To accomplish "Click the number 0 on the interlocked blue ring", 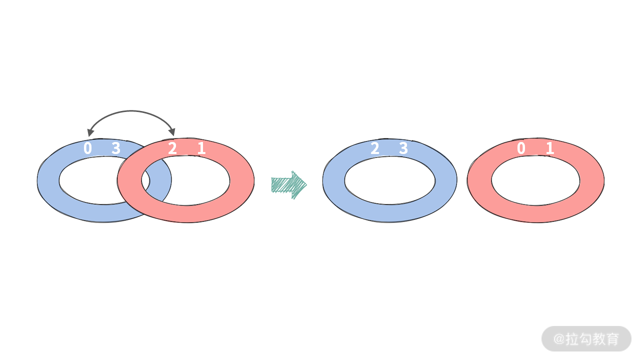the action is pos(87,148).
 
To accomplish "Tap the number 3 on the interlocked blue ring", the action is pos(116,148).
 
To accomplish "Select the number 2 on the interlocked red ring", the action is pos(172,148).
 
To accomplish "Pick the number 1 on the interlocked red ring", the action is pos(201,148).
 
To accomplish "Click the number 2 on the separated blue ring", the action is pos(375,148).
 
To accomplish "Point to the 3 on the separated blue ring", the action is pos(403,148).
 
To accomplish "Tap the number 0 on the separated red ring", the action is pos(521,148).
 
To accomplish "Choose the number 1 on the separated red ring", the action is pos(550,148).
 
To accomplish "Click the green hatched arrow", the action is pos(289,185).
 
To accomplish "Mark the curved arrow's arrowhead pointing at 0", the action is pos(90,132).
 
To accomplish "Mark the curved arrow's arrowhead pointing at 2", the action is pos(172,132).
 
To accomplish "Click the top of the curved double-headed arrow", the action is pos(131,111).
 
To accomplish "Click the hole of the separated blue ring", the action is pos(389,180).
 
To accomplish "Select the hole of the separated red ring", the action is pos(535,180).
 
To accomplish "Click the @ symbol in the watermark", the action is pos(559,339).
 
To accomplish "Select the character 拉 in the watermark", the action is pos(572,339).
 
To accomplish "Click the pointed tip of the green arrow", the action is pos(306,185).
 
